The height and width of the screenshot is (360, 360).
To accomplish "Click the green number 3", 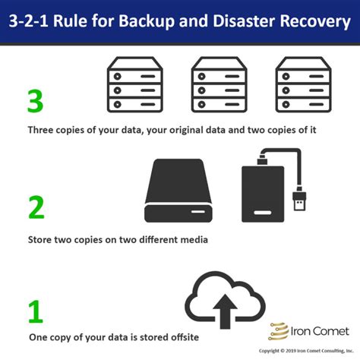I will point(36,101).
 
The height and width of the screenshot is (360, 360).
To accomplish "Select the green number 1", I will point(36,312).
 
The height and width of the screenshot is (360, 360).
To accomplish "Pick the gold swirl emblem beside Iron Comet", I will point(279,331).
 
